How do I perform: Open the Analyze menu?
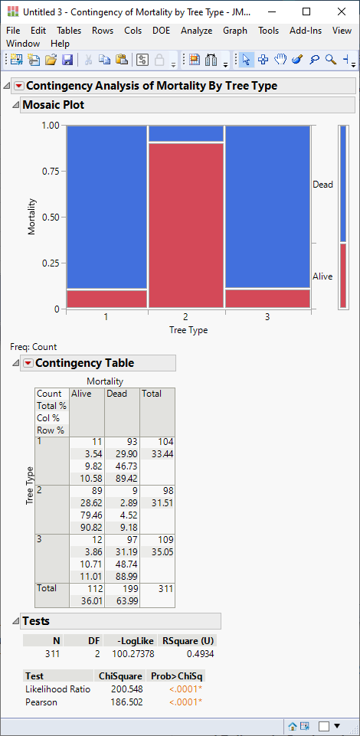197,31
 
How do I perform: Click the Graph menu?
235,31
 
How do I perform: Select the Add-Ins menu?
306,31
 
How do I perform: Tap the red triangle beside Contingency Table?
28,363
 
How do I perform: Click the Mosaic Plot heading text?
54,105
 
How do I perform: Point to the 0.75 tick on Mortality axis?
51,171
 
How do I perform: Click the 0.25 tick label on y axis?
51,263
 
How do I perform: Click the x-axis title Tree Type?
188,330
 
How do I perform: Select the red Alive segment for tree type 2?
186,225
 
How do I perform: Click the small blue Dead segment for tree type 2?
186,133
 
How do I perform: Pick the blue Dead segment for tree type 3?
267,207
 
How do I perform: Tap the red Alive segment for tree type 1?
106,299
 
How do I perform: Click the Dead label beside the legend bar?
322,185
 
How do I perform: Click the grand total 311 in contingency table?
165,588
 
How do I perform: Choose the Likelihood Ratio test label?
57,689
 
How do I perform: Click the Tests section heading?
36,621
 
